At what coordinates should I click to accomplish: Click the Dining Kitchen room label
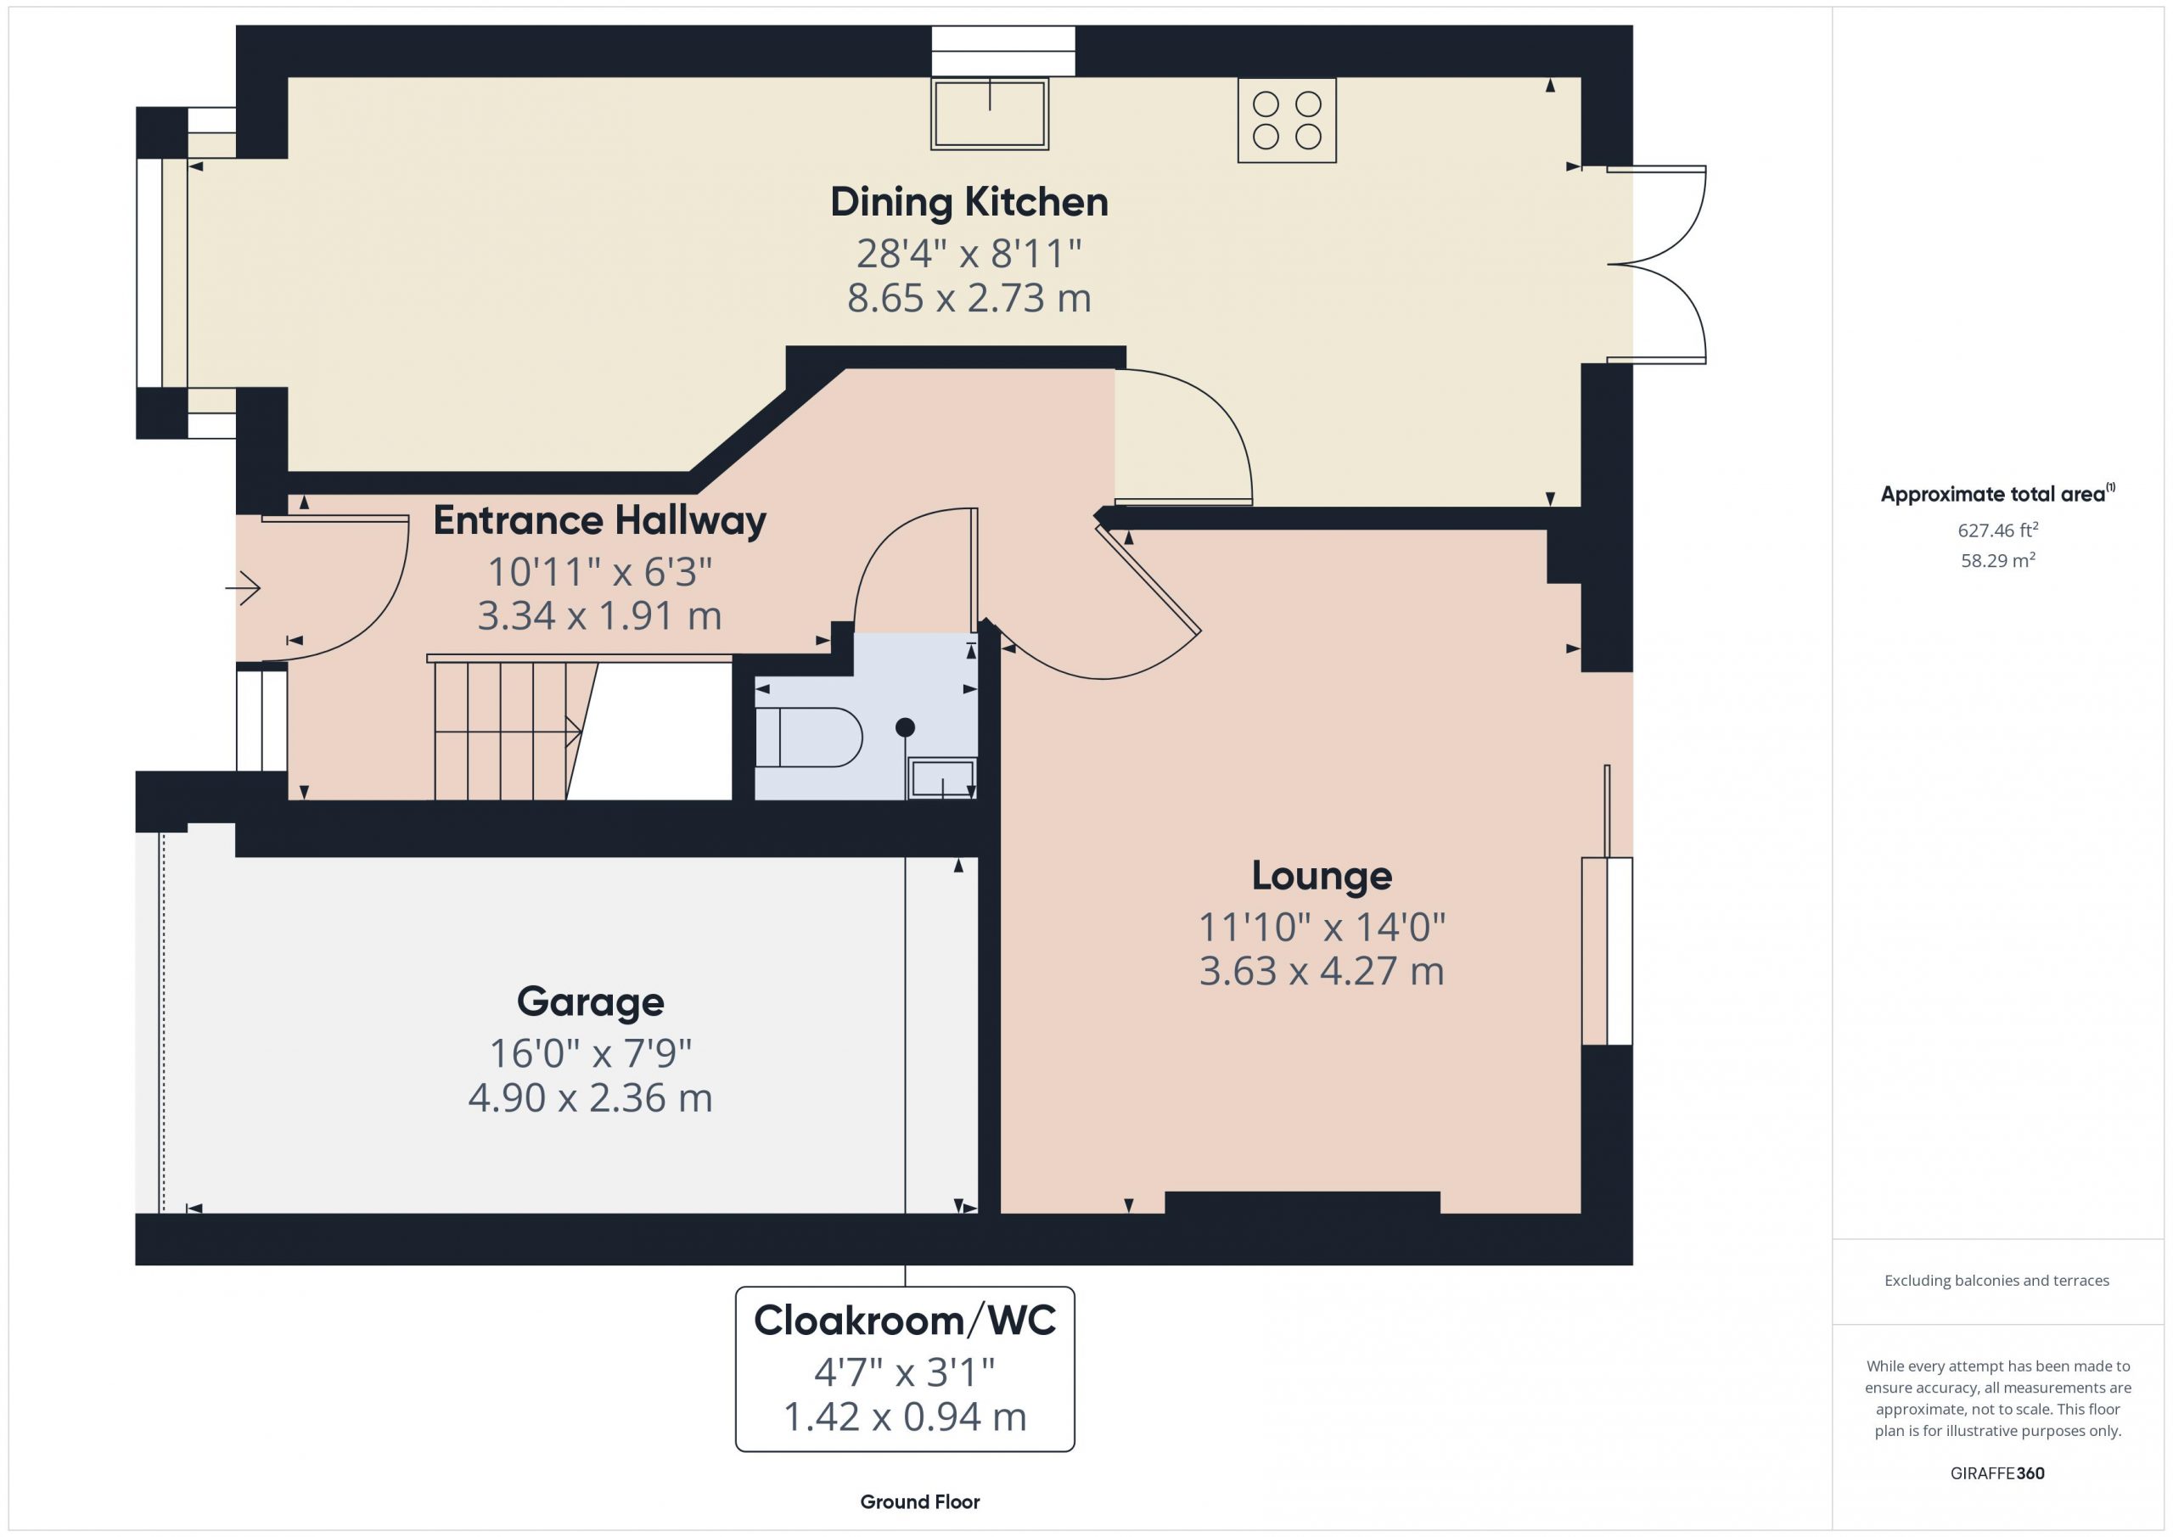tap(969, 204)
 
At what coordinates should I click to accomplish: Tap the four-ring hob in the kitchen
tap(1287, 121)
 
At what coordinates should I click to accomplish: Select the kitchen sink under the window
tap(990, 114)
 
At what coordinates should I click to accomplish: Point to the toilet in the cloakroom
tap(808, 738)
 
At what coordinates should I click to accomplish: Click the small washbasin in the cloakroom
tap(941, 777)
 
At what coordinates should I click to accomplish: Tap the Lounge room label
tap(1322, 877)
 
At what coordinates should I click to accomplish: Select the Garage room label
tap(591, 1002)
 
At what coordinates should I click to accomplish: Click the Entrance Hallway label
tap(600, 521)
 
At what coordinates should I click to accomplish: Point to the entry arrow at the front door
tap(244, 588)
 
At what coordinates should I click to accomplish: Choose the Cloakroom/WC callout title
tap(905, 1321)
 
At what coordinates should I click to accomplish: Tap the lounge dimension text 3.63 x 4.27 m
tap(1322, 971)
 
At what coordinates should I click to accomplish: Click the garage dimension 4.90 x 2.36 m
tap(591, 1098)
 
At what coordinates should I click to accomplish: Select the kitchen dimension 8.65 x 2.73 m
tap(969, 298)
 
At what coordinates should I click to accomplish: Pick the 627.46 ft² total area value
tap(1998, 530)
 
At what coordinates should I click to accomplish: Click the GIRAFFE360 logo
tap(1997, 1472)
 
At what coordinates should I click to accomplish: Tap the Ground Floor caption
tap(920, 1502)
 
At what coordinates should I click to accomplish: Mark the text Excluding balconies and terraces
tap(1997, 1281)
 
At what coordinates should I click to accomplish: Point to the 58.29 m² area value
tap(1998, 560)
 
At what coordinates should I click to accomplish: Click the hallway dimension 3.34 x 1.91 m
tap(600, 616)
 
